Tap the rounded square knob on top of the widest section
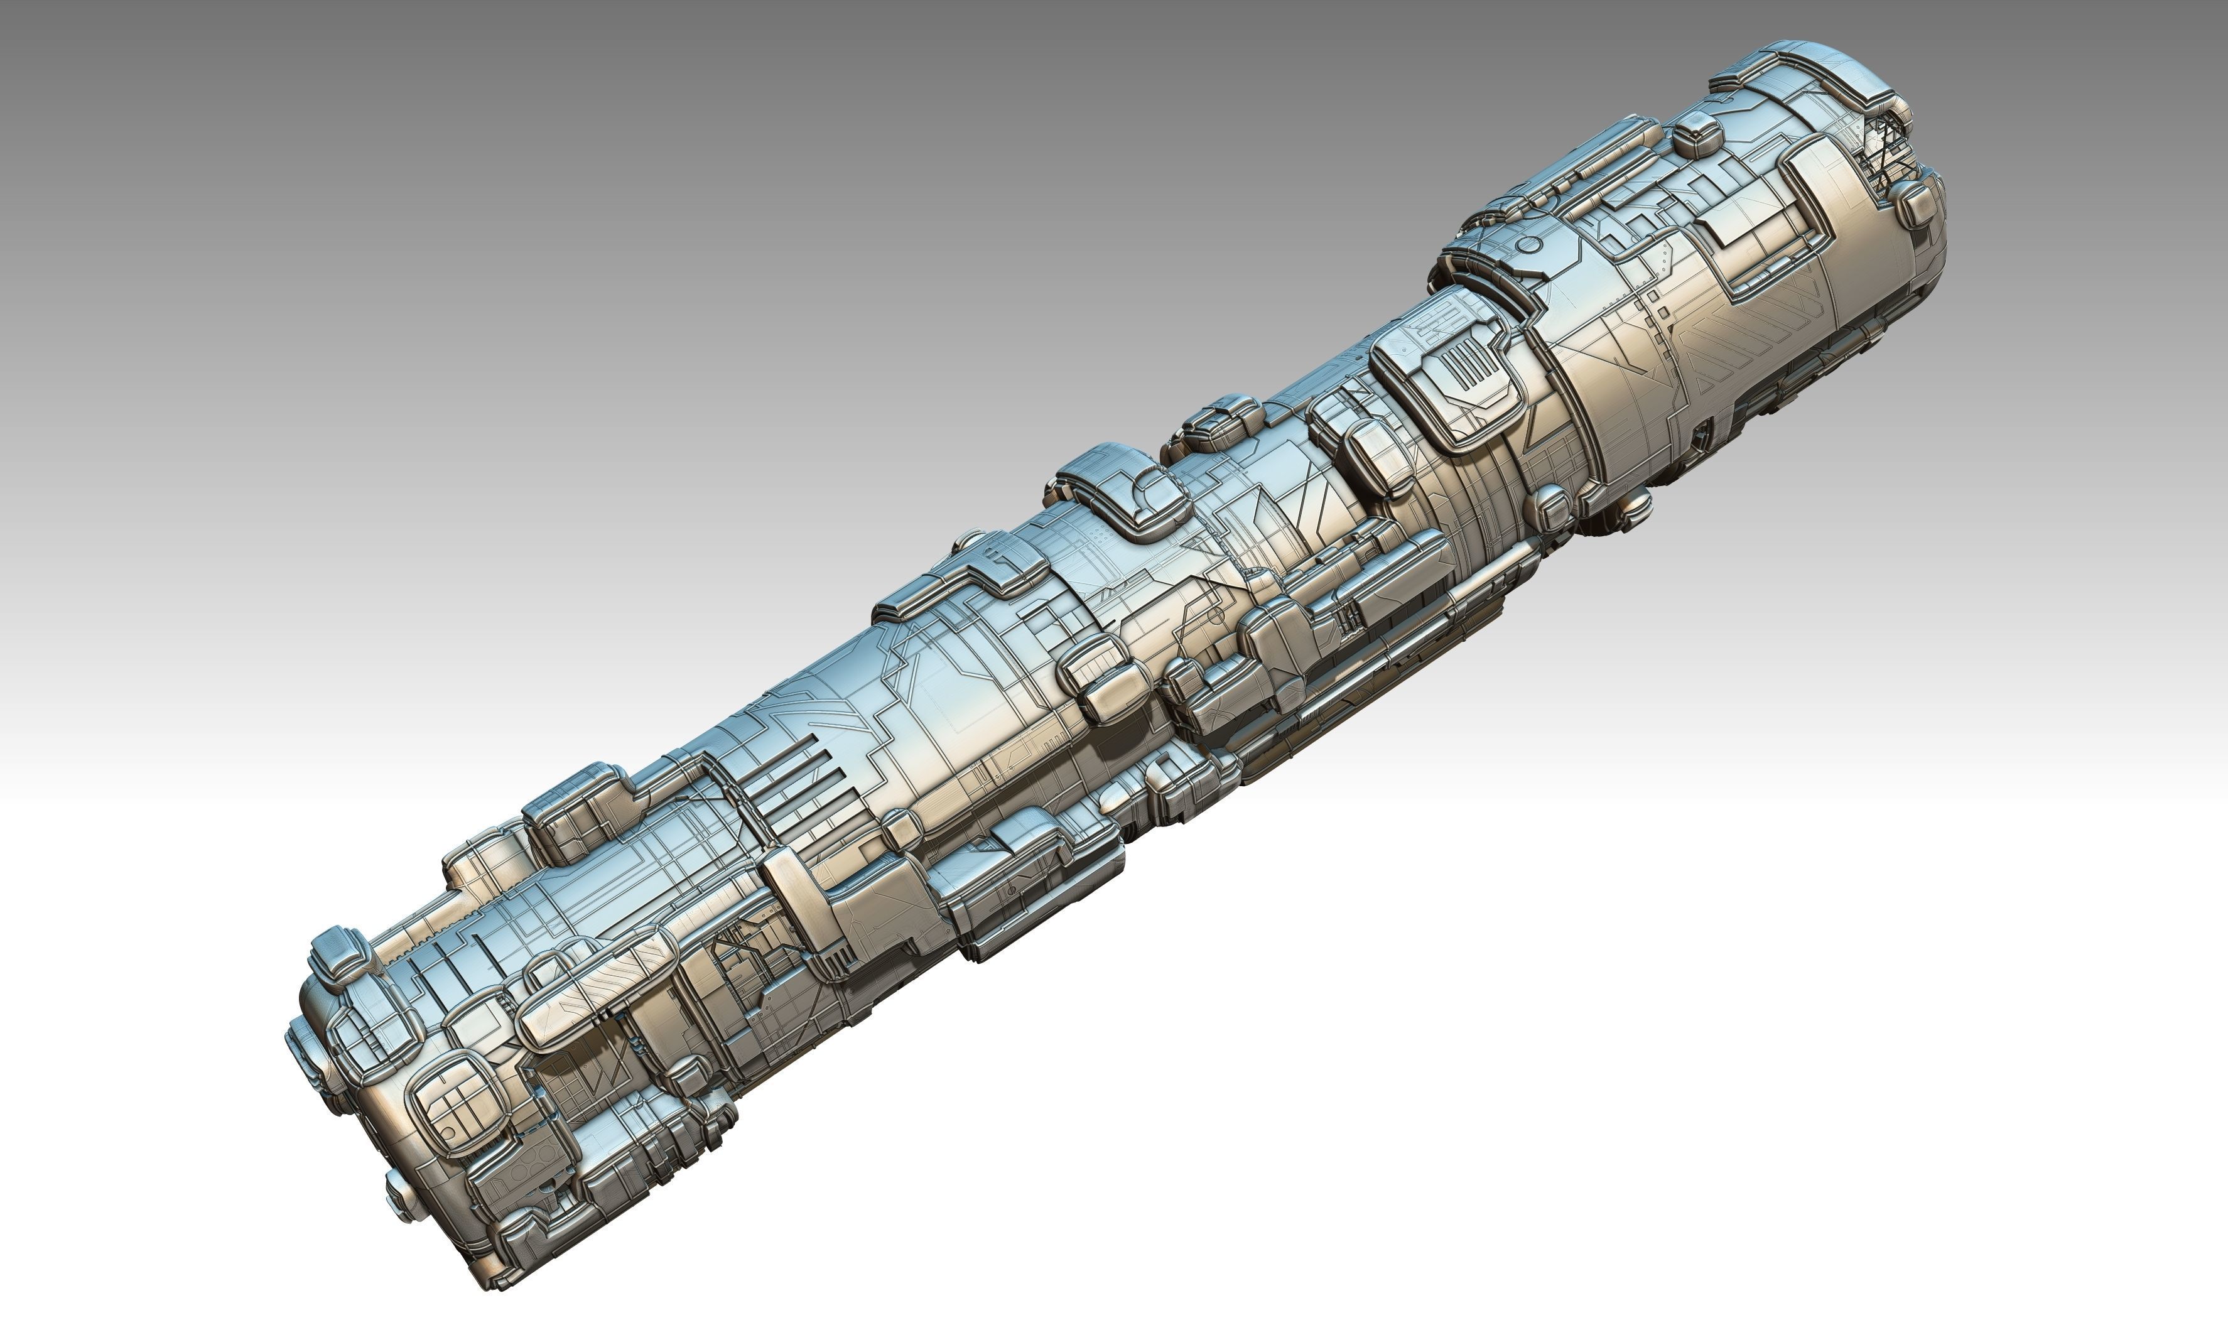pyautogui.click(x=1696, y=135)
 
